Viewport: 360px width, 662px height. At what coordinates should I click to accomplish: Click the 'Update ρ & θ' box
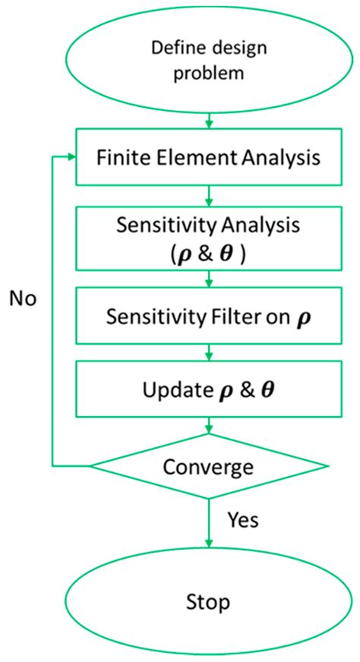click(x=207, y=391)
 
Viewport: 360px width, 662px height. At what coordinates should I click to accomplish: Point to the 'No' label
click(x=24, y=298)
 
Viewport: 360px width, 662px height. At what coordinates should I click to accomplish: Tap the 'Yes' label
click(x=243, y=520)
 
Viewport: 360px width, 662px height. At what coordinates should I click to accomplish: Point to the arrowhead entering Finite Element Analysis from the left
click(x=71, y=157)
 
